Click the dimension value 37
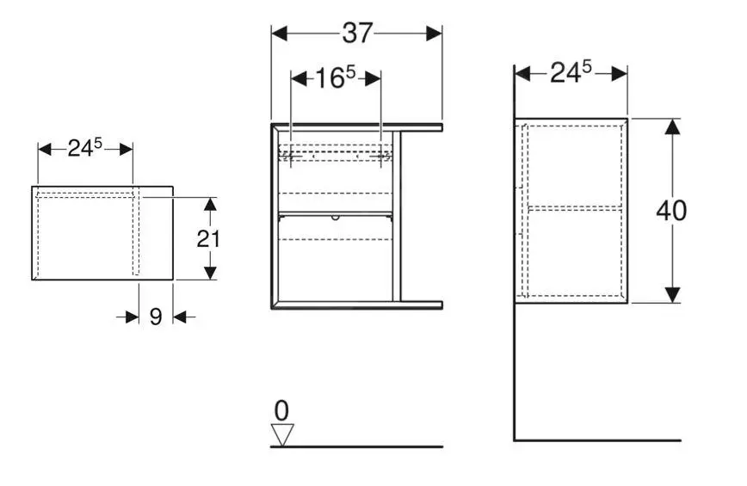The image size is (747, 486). tap(357, 33)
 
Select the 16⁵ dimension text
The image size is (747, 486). tap(336, 78)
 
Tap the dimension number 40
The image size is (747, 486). tap(671, 211)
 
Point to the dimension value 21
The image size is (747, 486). tap(208, 238)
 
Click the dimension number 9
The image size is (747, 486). tap(156, 317)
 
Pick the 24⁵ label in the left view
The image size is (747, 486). tap(85, 148)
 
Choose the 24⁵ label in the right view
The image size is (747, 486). tap(570, 73)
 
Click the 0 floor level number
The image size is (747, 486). tap(281, 411)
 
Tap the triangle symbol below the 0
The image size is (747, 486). tap(281, 434)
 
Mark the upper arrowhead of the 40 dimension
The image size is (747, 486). tap(672, 126)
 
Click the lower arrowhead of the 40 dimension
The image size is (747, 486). tap(672, 293)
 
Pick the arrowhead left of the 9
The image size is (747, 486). tap(132, 317)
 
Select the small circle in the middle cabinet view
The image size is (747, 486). tap(336, 217)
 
